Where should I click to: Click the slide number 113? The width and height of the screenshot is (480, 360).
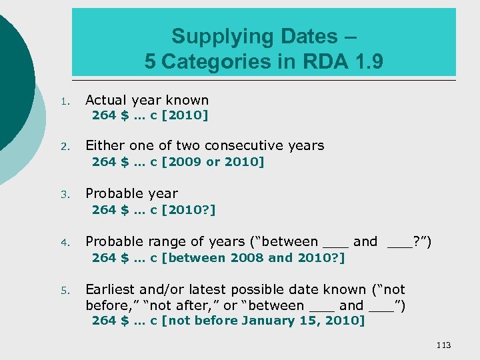coord(443,345)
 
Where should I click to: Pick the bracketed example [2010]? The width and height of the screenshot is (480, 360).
coord(185,115)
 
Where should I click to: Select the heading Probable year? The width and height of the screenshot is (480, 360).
coord(131,194)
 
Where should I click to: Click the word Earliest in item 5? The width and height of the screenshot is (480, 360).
coord(113,289)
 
